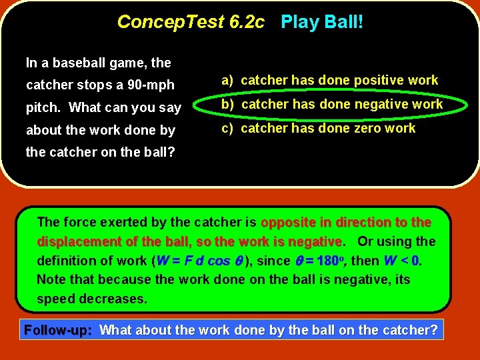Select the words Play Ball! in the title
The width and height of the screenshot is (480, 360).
[x=322, y=22]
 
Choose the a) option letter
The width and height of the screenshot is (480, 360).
[x=227, y=81]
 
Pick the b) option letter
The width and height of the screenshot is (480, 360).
[x=227, y=105]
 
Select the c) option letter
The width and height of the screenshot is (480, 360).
[x=227, y=128]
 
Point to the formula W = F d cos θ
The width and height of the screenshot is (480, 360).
[x=199, y=261]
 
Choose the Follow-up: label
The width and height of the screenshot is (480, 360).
[x=57, y=330]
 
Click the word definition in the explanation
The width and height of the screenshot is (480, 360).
[x=65, y=261]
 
